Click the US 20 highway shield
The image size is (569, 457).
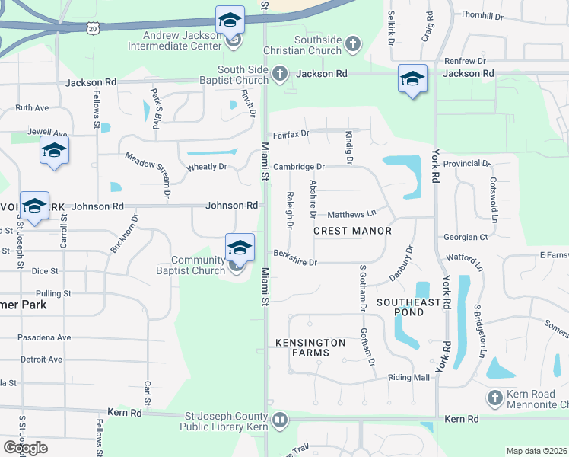[x=93, y=28]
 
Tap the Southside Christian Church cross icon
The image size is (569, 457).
[x=351, y=44]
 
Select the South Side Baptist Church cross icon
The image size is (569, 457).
[x=280, y=74]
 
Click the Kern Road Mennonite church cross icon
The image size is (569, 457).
[x=494, y=398]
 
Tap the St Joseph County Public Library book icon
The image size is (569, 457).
[x=280, y=420]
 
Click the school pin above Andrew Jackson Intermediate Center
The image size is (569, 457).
[x=230, y=21]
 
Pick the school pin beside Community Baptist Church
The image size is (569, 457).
[x=240, y=248]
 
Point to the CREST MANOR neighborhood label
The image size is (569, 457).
[x=352, y=231]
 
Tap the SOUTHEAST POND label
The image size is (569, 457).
[x=409, y=308]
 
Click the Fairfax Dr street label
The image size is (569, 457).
[x=291, y=133]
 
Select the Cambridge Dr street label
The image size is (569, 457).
[x=299, y=166]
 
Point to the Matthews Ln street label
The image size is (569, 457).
[x=351, y=215]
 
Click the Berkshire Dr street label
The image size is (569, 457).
[x=295, y=257]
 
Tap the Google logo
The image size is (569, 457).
[x=26, y=447]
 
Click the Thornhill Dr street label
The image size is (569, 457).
[x=482, y=15]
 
